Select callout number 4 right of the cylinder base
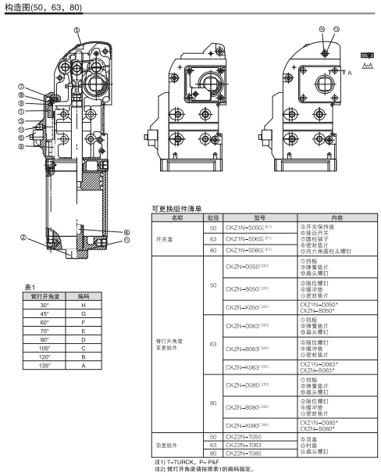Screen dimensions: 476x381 tap(125, 231)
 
